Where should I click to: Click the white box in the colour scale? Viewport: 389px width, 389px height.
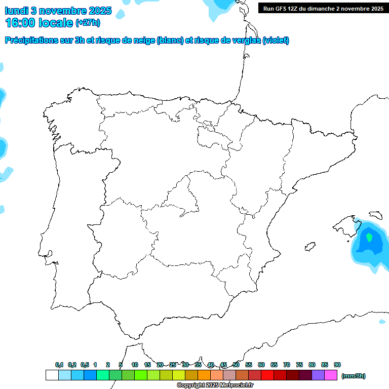click(x=52, y=375)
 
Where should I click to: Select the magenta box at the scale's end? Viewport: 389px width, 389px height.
click(x=331, y=375)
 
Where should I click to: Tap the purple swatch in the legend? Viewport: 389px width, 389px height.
click(x=318, y=375)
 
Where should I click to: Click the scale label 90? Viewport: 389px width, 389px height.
click(x=337, y=365)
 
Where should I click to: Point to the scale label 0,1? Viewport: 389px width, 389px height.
click(x=59, y=365)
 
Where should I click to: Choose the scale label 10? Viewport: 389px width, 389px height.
click(x=135, y=365)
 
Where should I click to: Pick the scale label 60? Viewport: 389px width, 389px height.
click(x=261, y=365)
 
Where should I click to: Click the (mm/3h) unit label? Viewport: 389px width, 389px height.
click(x=354, y=376)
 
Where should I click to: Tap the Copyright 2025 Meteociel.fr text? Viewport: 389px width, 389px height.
click(x=215, y=385)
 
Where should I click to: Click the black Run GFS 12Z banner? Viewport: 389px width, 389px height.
click(x=323, y=9)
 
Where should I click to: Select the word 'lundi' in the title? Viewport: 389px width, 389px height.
click(x=16, y=11)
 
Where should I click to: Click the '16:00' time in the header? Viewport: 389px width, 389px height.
click(x=20, y=23)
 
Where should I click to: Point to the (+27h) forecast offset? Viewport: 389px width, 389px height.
click(x=88, y=23)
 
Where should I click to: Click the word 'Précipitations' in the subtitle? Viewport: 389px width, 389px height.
click(x=30, y=41)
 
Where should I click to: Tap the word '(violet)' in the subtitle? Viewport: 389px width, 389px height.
click(x=276, y=41)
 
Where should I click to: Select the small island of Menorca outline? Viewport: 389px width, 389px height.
click(x=375, y=215)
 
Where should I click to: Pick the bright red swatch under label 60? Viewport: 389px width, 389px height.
click(x=267, y=375)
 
